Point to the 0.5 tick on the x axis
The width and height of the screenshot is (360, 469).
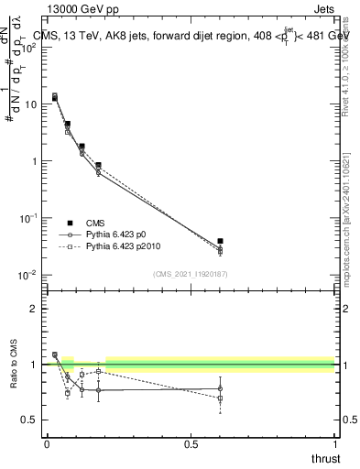[191, 444]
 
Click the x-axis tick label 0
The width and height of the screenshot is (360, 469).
[47, 444]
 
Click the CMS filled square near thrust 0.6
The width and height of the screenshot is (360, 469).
[220, 241]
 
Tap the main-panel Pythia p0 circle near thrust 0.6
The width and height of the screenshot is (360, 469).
[220, 249]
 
